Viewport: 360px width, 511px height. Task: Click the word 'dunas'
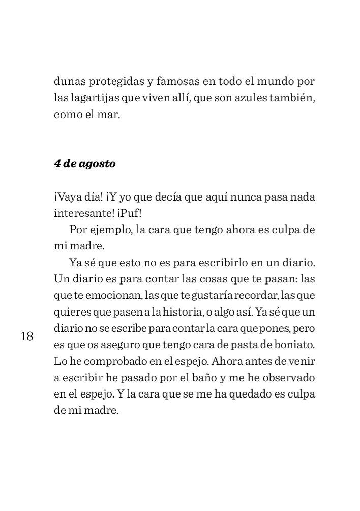69,82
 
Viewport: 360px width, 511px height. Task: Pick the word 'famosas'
178,82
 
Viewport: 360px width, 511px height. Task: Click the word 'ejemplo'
110,230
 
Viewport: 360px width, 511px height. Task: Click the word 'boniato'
294,345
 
